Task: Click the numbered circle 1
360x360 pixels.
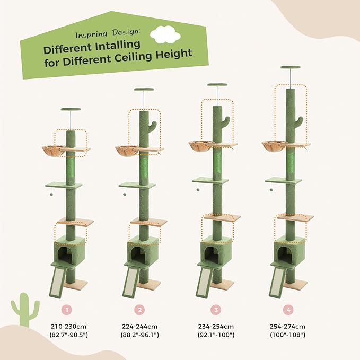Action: (x=68, y=309)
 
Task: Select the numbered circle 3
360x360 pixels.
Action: (x=214, y=309)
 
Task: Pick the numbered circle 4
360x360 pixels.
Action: (x=287, y=309)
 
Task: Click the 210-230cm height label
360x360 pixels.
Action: (x=68, y=326)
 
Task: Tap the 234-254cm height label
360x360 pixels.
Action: (x=214, y=326)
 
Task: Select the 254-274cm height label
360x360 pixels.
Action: (x=287, y=326)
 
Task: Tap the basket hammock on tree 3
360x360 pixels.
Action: (x=199, y=144)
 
